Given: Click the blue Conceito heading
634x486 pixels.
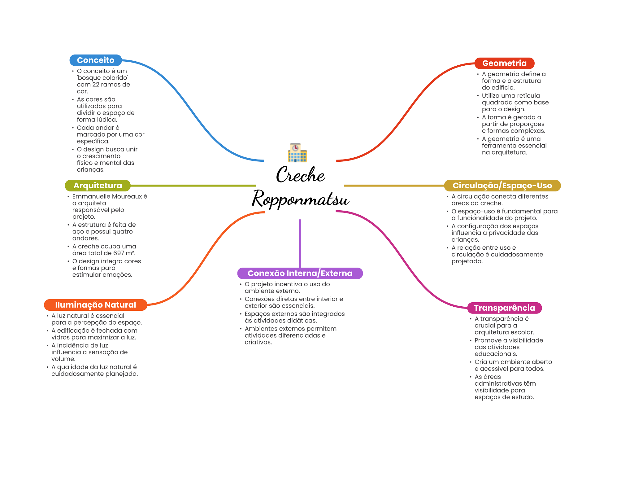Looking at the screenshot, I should [95, 60].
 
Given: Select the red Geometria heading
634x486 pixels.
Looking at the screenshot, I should [504, 63].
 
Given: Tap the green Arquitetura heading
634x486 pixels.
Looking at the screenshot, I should [98, 186].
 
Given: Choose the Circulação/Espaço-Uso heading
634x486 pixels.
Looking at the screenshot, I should [502, 186].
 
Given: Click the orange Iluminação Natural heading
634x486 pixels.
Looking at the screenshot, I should [95, 305].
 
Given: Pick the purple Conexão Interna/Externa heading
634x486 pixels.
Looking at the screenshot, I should [300, 273].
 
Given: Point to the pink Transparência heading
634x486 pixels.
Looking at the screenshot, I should [504, 308].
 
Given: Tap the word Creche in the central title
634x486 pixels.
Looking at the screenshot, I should [300, 175].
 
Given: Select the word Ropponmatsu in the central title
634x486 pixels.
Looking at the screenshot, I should [300, 199].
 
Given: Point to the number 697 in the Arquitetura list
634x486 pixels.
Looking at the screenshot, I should [119, 253].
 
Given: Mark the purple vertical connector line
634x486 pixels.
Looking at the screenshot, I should [300, 243].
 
